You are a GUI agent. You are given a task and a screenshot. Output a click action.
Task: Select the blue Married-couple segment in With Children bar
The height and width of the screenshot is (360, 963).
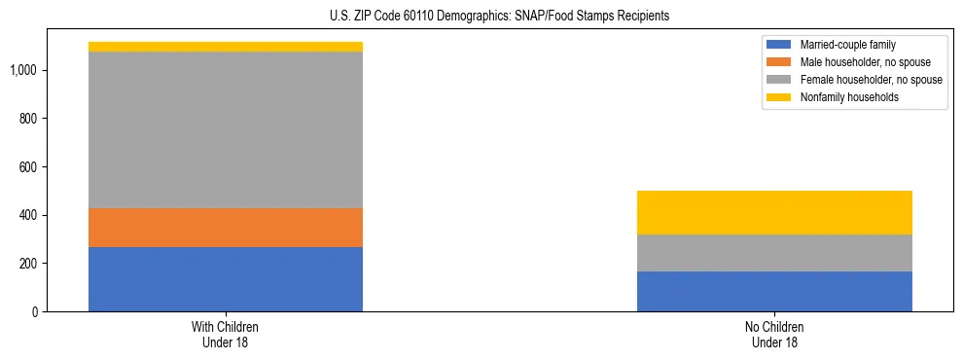pyautogui.click(x=225, y=279)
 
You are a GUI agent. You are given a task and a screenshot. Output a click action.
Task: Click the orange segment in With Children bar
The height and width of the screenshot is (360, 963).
pyautogui.click(x=225, y=228)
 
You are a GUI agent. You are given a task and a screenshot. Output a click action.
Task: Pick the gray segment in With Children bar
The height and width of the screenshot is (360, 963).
pyautogui.click(x=225, y=129)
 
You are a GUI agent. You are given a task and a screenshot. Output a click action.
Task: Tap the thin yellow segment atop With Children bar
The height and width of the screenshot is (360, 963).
pyautogui.click(x=225, y=47)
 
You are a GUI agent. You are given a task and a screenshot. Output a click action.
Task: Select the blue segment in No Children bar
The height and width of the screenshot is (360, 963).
pyautogui.click(x=774, y=291)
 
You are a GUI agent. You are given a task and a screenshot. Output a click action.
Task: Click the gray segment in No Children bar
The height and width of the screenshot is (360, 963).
pyautogui.click(x=774, y=253)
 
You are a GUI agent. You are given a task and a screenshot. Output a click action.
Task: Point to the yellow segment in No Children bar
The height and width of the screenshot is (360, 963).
pyautogui.click(x=774, y=212)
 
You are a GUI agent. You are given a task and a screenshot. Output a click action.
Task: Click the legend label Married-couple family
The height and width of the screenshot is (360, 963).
pyautogui.click(x=846, y=45)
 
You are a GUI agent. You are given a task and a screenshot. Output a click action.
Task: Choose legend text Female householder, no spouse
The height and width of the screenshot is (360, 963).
pyautogui.click(x=871, y=80)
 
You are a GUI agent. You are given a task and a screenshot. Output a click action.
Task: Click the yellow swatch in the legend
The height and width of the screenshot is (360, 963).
pyautogui.click(x=779, y=97)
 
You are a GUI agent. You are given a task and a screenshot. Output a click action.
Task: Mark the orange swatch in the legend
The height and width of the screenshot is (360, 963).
pyautogui.click(x=779, y=62)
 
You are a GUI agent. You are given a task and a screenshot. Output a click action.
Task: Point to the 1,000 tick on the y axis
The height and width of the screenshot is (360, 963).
pyautogui.click(x=24, y=70)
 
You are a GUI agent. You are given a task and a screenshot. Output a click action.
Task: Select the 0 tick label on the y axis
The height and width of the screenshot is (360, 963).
pyautogui.click(x=35, y=311)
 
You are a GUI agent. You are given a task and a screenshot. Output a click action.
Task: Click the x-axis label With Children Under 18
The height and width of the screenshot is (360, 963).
pyautogui.click(x=225, y=335)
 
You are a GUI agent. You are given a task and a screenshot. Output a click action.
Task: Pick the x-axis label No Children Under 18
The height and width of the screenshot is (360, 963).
pyautogui.click(x=774, y=335)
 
